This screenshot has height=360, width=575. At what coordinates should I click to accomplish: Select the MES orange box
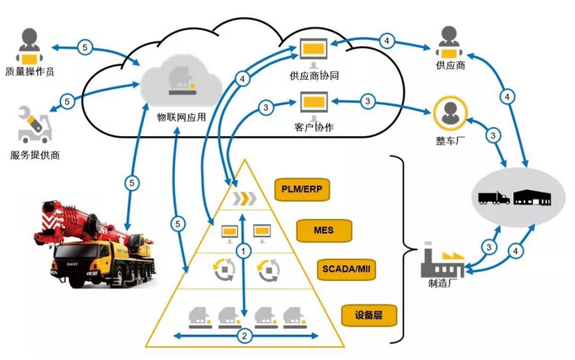[323, 231]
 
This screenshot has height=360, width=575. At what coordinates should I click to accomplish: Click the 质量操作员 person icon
[31, 46]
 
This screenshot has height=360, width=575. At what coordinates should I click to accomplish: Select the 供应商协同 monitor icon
[314, 51]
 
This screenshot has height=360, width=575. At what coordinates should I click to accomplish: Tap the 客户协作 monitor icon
[314, 103]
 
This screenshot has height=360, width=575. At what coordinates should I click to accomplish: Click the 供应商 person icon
[450, 42]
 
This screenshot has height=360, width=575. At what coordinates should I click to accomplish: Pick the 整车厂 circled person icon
[450, 115]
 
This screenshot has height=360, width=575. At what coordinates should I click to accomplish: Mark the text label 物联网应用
[181, 116]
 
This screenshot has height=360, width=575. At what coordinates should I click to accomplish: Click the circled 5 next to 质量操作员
[86, 48]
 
